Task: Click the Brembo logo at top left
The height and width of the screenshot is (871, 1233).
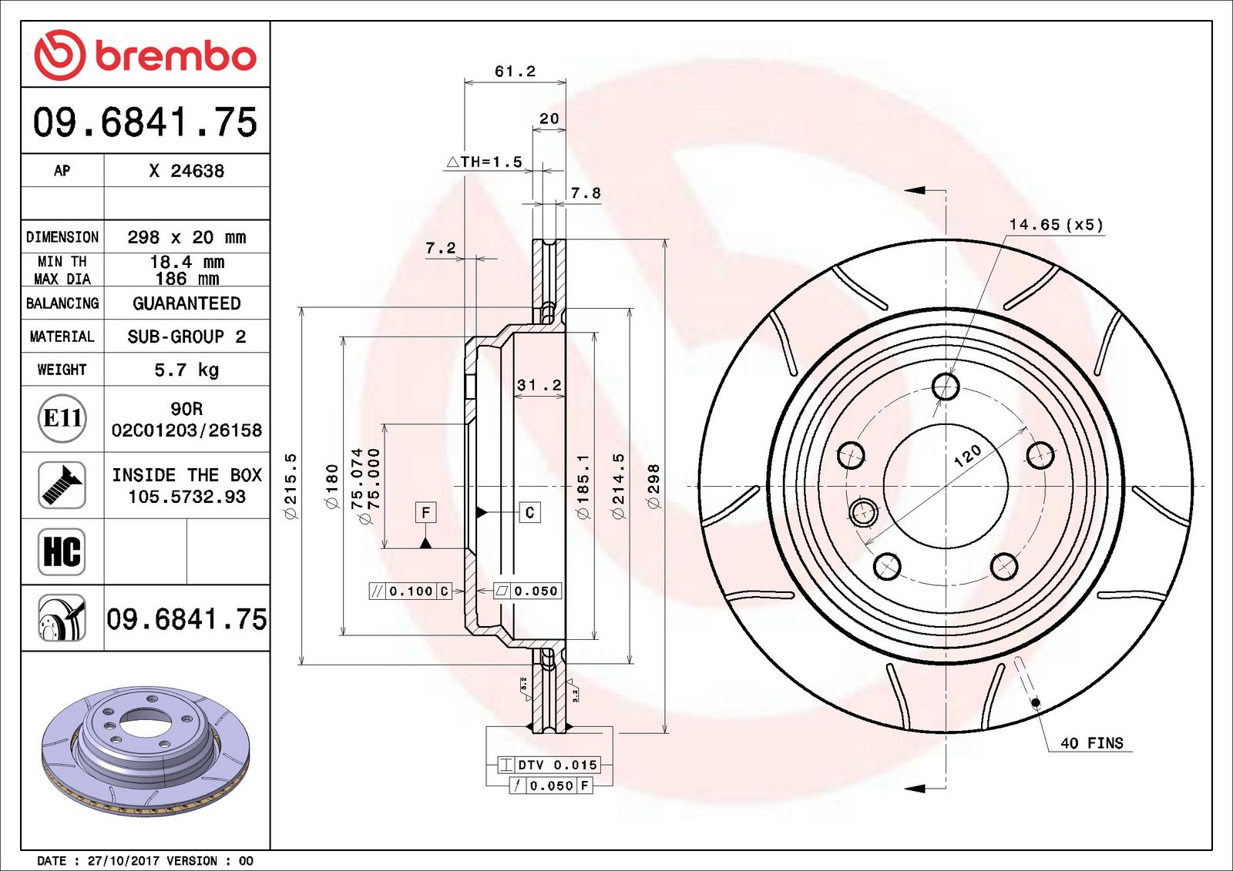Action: (145, 55)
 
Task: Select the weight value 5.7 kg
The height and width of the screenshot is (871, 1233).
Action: (186, 370)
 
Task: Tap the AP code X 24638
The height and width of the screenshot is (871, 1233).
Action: (186, 171)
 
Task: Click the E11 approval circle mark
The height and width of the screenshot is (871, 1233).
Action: (62, 418)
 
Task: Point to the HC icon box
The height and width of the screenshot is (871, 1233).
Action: (62, 551)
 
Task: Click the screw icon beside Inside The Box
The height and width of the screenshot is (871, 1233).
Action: (62, 485)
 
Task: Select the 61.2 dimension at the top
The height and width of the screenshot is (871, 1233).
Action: (515, 72)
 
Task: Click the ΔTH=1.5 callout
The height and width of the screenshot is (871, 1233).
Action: (485, 162)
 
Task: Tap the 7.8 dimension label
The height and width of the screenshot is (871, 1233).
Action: (586, 193)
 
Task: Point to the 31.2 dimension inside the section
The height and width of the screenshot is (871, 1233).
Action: (539, 385)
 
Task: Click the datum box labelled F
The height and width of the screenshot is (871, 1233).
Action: (425, 512)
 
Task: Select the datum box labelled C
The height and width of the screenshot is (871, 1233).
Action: (529, 512)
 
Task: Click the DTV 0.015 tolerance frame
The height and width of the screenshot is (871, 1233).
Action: (548, 765)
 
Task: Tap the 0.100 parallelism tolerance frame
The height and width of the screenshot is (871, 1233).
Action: (410, 591)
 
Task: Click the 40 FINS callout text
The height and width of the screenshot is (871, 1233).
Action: (1091, 743)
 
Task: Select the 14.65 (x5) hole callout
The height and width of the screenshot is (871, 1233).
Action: (1056, 225)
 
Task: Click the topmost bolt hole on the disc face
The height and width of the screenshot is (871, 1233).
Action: (946, 386)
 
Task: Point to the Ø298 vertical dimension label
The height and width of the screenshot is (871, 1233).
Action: (653, 486)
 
